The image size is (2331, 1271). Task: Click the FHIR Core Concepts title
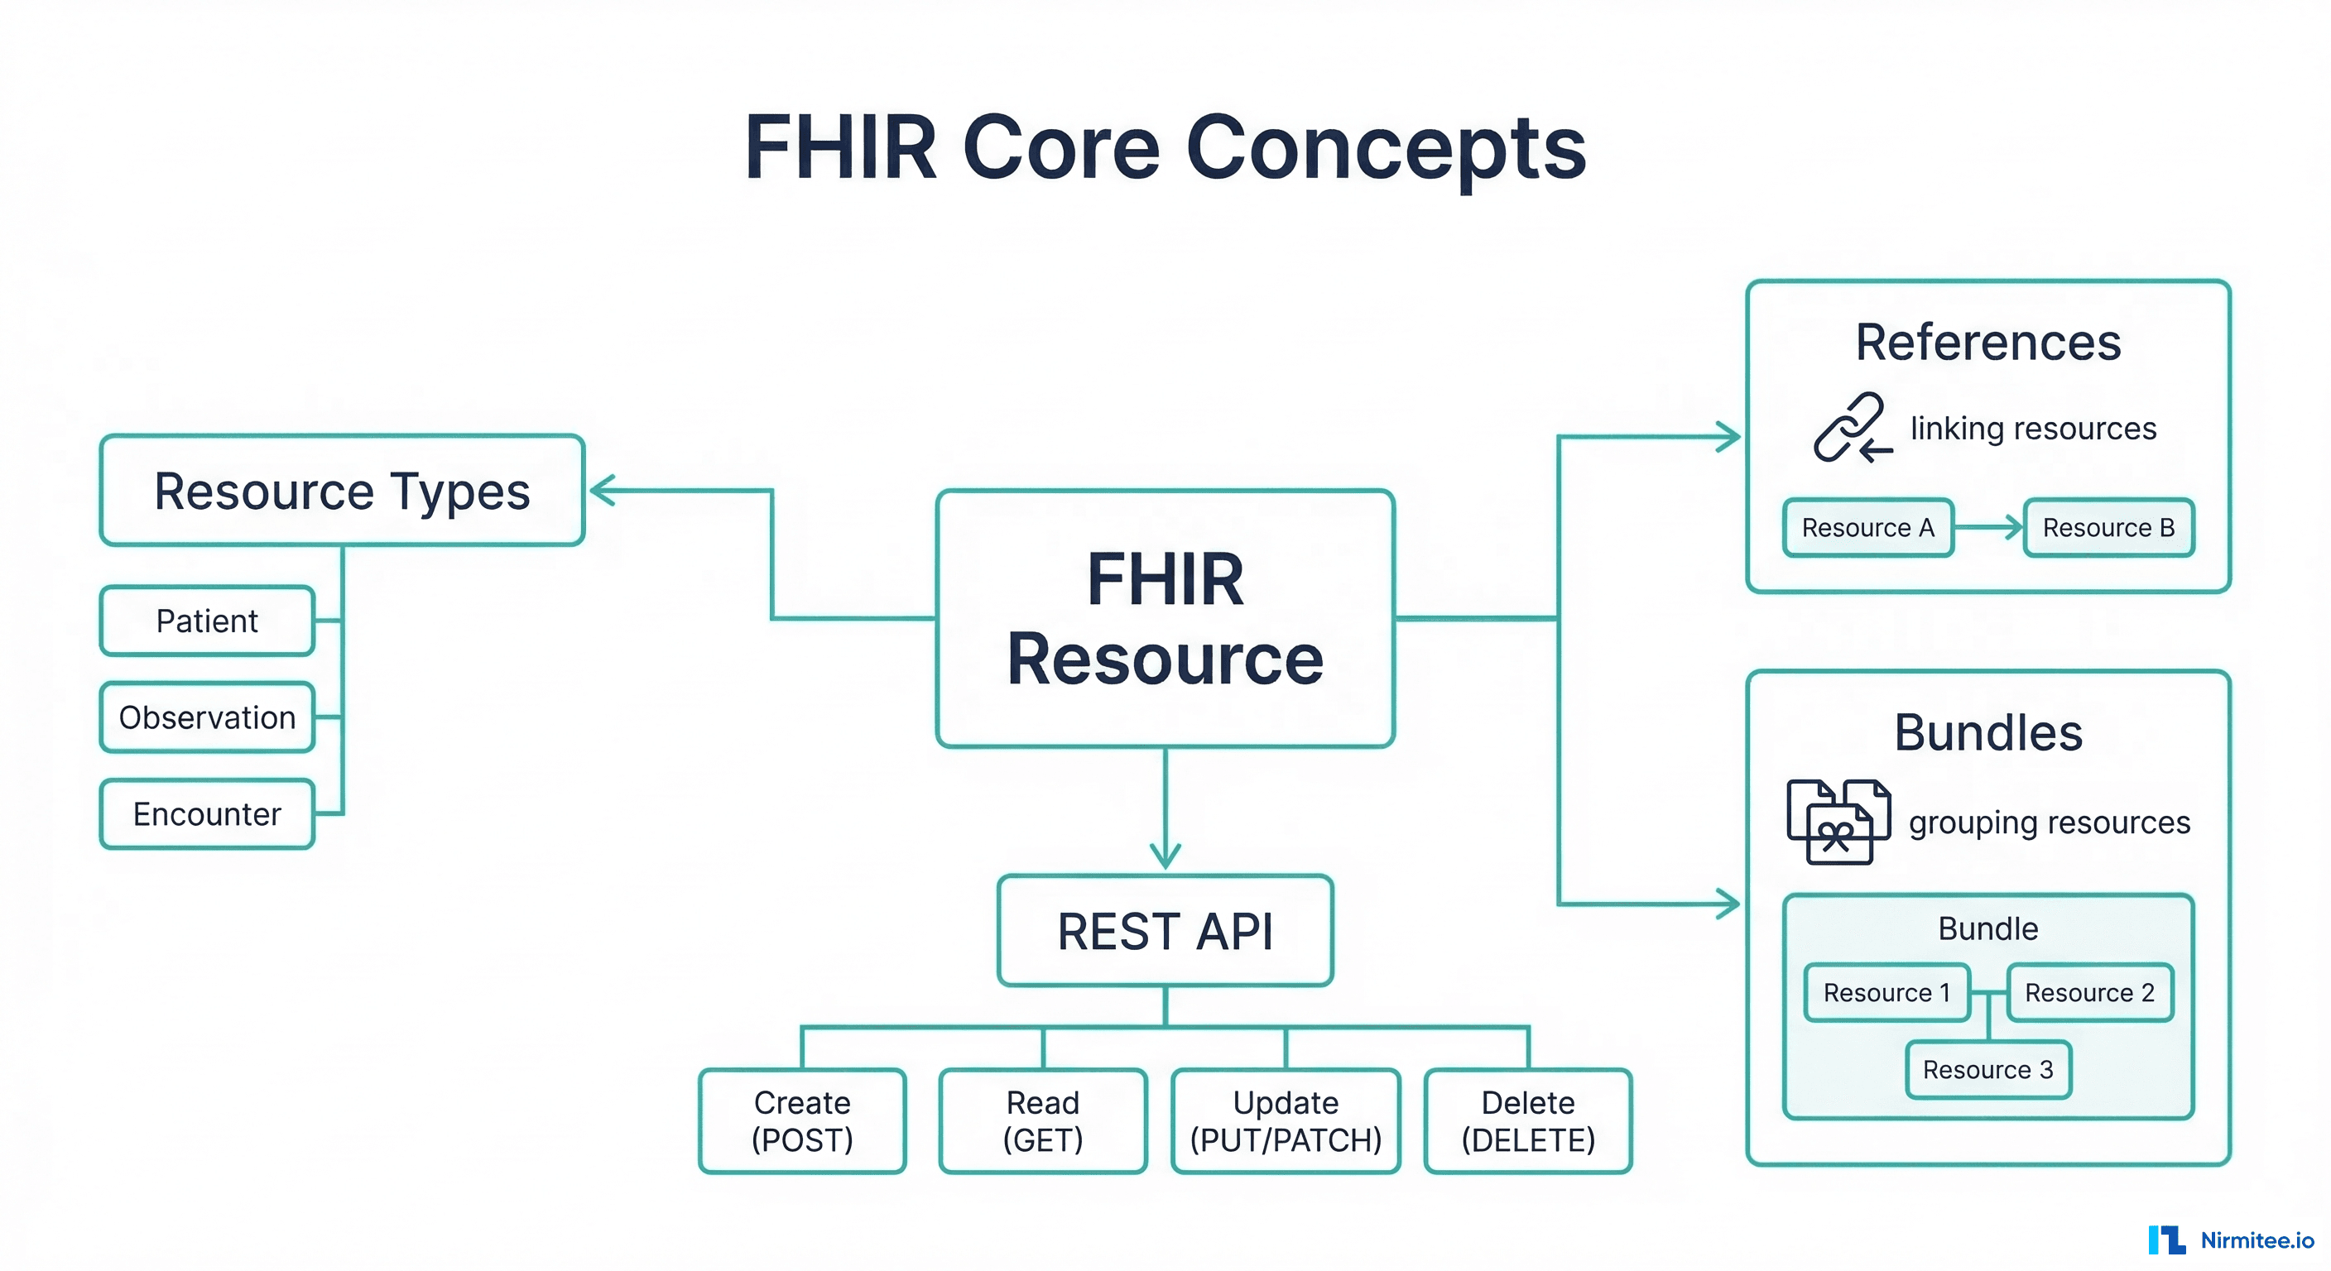[1165, 146]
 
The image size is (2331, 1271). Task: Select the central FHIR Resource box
[1165, 619]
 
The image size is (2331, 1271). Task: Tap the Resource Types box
[342, 491]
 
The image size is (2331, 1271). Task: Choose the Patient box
[207, 621]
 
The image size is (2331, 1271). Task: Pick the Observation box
[207, 717]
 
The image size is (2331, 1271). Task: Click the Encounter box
[207, 814]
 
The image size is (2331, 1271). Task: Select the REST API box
[1165, 931]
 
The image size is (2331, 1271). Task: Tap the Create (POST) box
[802, 1121]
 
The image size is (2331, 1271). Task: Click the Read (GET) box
[1042, 1121]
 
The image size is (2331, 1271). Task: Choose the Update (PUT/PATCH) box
[1286, 1121]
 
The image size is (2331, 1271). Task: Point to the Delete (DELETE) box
[1527, 1121]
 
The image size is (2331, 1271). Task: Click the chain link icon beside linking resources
[1851, 428]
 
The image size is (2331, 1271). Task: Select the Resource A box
[1867, 527]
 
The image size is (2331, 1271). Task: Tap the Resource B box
[2108, 527]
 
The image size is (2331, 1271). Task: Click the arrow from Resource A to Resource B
[1989, 527]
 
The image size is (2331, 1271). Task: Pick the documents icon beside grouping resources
[1838, 823]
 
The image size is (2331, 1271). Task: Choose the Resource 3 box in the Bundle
[1988, 1069]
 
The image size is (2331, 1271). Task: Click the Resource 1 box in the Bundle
[1886, 992]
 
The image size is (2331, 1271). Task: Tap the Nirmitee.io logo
[2231, 1240]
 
